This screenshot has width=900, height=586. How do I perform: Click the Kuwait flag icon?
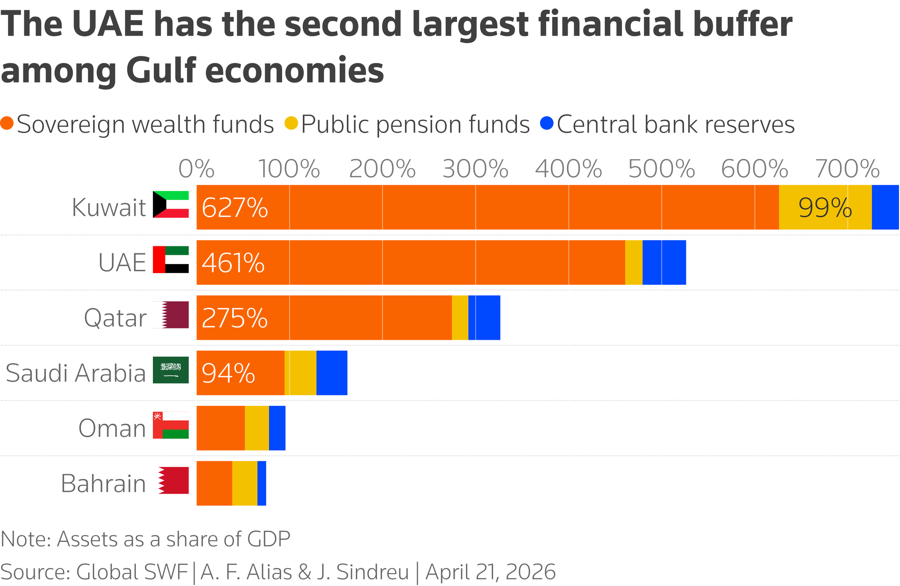pyautogui.click(x=171, y=205)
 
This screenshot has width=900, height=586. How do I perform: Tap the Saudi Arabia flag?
pyautogui.click(x=171, y=370)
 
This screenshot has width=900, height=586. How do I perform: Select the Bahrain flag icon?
pyautogui.click(x=173, y=480)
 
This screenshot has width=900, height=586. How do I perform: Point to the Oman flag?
pyautogui.click(x=171, y=425)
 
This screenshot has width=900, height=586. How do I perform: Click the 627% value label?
pyautogui.click(x=234, y=207)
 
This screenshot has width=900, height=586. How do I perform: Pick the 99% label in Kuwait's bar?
pyautogui.click(x=825, y=207)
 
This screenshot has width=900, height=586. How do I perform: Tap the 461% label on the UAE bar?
pyautogui.click(x=233, y=263)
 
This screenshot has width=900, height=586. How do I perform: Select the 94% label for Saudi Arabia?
pyautogui.click(x=228, y=373)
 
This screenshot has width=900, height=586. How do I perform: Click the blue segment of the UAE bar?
pyautogui.click(x=664, y=263)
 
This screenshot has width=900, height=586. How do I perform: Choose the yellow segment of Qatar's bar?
pyautogui.click(x=460, y=318)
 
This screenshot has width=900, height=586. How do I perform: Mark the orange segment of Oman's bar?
pyautogui.click(x=220, y=428)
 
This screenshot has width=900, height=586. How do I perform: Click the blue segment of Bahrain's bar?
pyautogui.click(x=262, y=483)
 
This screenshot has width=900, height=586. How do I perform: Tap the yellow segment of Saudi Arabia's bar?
pyautogui.click(x=300, y=373)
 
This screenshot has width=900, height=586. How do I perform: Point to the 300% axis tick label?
pyautogui.click(x=475, y=169)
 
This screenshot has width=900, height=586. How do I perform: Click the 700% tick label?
pyautogui.click(x=847, y=169)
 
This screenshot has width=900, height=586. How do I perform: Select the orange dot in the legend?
pyautogui.click(x=7, y=123)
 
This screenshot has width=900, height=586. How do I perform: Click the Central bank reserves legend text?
pyautogui.click(x=675, y=125)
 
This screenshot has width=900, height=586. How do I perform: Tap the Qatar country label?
pyautogui.click(x=115, y=318)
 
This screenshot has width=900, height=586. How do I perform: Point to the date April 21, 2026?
pyautogui.click(x=490, y=572)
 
